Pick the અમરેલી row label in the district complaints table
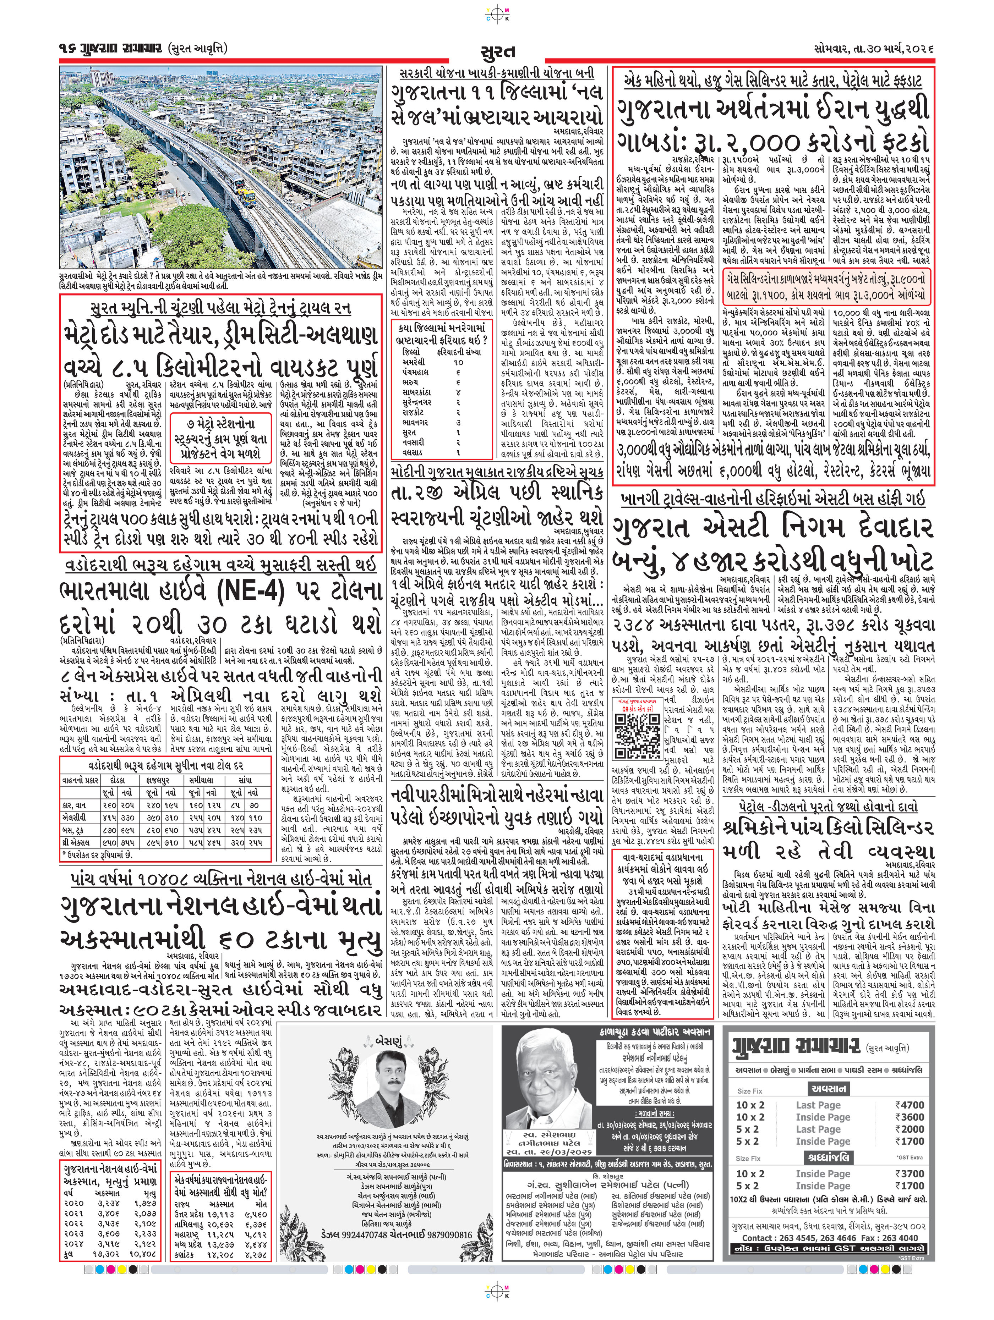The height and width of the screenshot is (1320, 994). (414, 362)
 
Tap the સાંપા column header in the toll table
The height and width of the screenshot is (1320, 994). (245, 780)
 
